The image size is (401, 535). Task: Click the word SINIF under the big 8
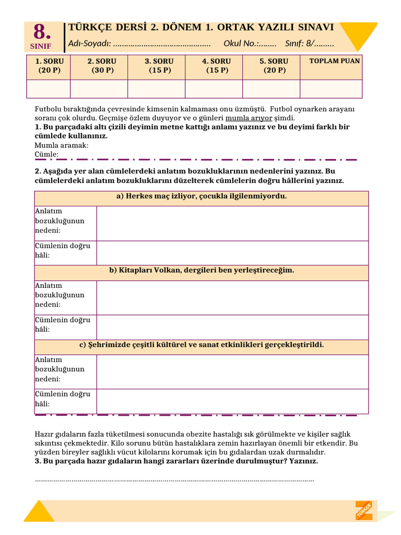click(x=42, y=46)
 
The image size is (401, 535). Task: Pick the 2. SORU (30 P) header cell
click(x=102, y=66)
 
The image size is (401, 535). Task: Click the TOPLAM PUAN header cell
click(x=334, y=61)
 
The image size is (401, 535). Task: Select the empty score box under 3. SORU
click(x=156, y=89)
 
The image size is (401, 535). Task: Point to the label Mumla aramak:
click(x=62, y=145)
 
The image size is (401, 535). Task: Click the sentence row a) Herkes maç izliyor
click(x=201, y=196)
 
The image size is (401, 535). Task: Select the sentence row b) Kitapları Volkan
click(x=201, y=271)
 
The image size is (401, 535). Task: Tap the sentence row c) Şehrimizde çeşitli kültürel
click(x=201, y=345)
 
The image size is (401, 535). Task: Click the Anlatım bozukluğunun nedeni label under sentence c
click(x=60, y=369)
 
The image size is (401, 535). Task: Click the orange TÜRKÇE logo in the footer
click(x=364, y=510)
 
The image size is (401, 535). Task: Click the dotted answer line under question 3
click(x=174, y=480)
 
